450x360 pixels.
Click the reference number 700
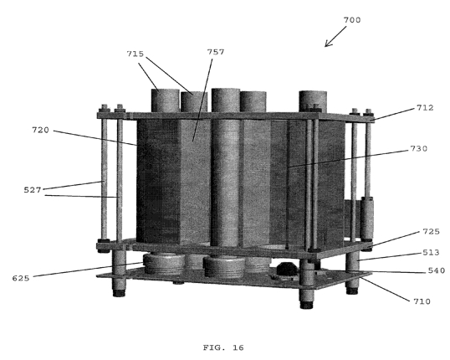[352, 20]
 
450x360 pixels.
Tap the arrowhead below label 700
[328, 44]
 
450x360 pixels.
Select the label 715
[136, 54]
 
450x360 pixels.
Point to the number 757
[216, 52]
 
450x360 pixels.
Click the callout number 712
[425, 108]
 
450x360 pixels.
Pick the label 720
[40, 130]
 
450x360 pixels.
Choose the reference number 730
[419, 148]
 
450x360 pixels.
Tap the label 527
[33, 190]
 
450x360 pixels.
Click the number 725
[431, 232]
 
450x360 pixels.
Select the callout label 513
[431, 253]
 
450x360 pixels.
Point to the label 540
[437, 270]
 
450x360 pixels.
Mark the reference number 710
[422, 301]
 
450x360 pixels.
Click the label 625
[21, 279]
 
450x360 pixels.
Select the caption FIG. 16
[223, 347]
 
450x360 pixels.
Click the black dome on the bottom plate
[287, 270]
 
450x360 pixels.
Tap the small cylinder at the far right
[367, 219]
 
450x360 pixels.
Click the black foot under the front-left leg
[119, 293]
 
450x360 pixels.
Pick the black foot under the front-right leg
[306, 305]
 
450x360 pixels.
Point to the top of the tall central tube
[226, 90]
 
